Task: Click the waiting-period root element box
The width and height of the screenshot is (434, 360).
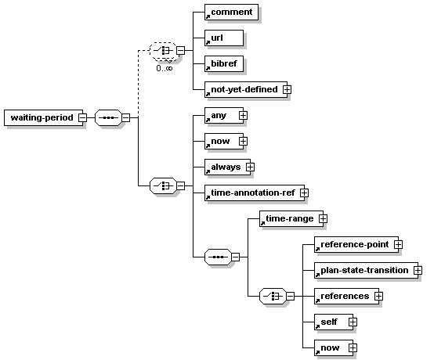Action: point(43,117)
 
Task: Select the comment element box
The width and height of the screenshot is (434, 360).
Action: point(231,13)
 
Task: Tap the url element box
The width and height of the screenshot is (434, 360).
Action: point(224,38)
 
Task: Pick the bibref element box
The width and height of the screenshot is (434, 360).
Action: point(224,63)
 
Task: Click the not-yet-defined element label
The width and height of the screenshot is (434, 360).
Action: point(244,89)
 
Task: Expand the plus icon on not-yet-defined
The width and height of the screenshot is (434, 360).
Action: point(287,89)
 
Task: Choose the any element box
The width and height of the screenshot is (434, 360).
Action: point(224,115)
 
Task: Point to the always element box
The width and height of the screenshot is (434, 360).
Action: point(227,167)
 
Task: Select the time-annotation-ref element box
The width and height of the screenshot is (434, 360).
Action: point(255,193)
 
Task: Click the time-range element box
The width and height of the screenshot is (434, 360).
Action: point(291,218)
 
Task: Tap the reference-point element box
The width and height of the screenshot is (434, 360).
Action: point(356,244)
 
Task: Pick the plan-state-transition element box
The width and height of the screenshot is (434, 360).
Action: point(366,270)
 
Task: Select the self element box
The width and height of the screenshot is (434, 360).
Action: point(334,322)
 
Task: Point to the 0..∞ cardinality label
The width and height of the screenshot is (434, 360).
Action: point(165,68)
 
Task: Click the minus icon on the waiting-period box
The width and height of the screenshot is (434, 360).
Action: point(82,117)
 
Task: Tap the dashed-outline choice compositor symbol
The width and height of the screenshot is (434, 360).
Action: point(163,51)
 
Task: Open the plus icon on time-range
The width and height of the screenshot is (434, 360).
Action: point(323,218)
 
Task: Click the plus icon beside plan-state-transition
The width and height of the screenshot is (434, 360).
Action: point(418,270)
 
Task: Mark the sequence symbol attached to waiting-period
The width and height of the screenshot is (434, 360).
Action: point(108,117)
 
